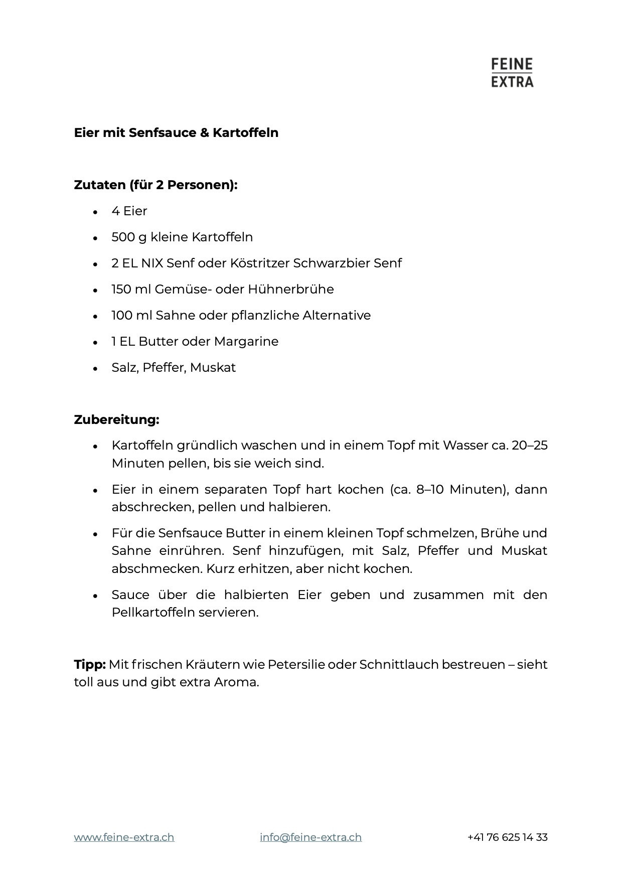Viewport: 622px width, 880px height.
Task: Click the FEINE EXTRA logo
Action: point(512,73)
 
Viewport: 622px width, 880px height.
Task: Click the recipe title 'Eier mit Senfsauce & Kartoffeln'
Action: point(176,133)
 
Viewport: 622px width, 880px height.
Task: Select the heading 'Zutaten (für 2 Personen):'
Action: point(155,185)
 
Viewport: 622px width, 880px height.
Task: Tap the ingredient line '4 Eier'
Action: point(129,211)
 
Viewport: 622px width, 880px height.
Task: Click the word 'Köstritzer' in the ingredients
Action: point(259,263)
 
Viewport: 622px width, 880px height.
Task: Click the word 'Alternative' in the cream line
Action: point(337,316)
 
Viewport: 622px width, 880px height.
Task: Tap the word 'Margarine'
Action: point(246,342)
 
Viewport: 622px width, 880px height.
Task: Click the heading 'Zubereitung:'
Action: point(116,420)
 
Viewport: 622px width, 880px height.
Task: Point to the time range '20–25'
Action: point(529,446)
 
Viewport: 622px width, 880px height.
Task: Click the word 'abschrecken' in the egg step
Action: point(152,507)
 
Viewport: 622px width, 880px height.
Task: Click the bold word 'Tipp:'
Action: point(90,665)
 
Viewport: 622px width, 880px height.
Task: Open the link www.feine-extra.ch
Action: point(124,837)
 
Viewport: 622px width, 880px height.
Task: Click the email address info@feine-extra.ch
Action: point(310,837)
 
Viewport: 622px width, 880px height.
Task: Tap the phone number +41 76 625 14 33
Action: point(507,837)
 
